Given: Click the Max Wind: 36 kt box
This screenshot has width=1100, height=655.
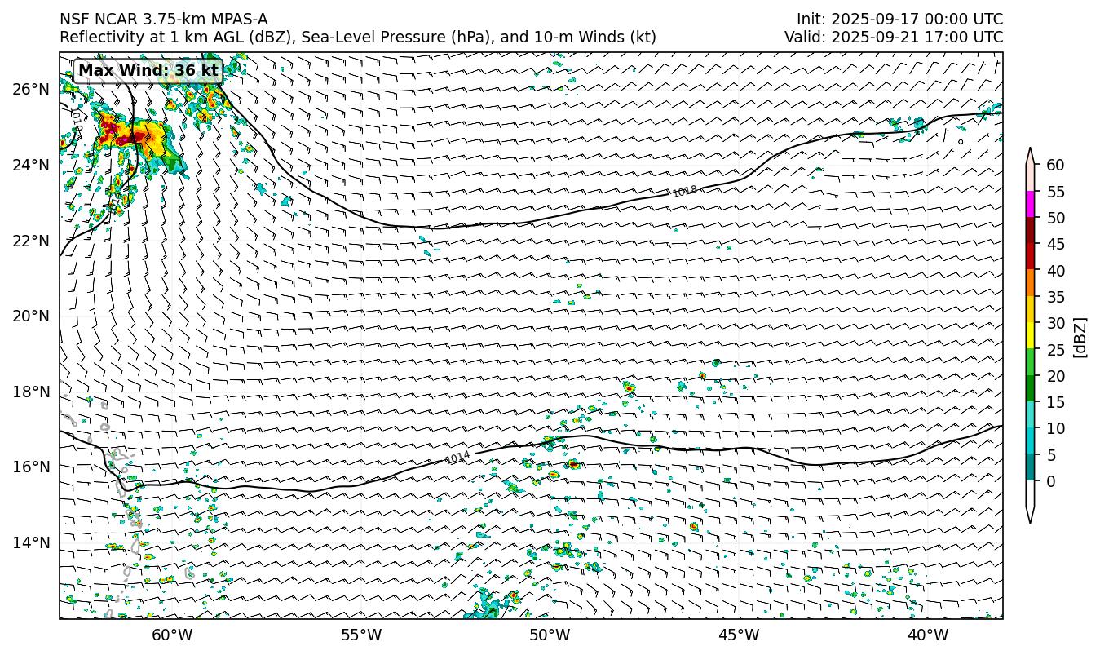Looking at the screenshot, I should (148, 71).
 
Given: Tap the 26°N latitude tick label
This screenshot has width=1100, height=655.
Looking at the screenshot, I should (32, 89).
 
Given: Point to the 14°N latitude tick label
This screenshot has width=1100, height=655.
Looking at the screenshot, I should (32, 542).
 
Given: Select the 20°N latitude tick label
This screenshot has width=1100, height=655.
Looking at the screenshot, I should (32, 316).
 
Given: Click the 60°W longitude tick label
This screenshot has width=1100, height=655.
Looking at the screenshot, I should (172, 635).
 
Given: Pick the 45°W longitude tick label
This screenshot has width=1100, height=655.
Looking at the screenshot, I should (739, 635).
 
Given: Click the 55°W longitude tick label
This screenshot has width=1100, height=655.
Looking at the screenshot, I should (361, 635).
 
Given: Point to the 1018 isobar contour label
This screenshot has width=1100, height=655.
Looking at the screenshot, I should (685, 191).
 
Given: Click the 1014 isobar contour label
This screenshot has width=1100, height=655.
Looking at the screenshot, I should (458, 457).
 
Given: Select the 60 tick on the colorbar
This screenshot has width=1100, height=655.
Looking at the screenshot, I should (1055, 166).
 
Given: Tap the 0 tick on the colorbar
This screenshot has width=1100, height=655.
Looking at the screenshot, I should (1051, 481).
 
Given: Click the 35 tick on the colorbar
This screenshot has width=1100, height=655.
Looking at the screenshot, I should (1055, 297).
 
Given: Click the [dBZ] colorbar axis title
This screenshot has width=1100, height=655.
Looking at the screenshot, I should (1080, 337).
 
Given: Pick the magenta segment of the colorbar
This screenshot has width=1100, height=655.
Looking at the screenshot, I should (1031, 205).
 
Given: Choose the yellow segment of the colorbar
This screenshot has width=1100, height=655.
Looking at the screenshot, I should (1031, 336).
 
